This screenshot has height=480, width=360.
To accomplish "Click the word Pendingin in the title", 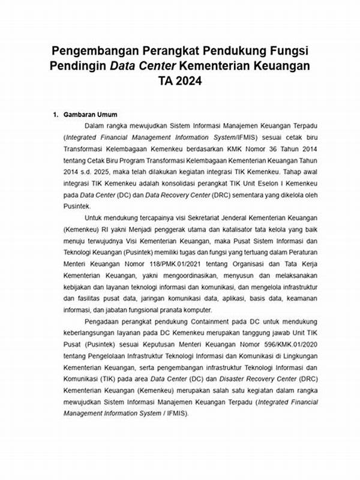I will coord(79,65).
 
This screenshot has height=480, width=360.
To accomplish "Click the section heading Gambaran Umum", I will coord(91,115).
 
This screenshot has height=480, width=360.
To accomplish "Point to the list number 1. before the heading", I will coord(56,115).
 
